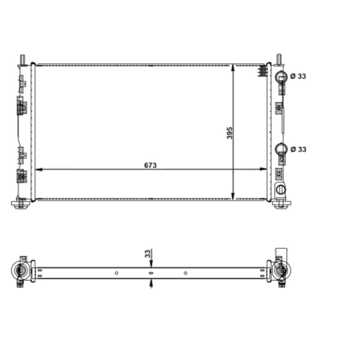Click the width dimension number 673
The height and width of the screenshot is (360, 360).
click(150, 164)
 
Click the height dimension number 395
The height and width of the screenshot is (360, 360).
click(229, 133)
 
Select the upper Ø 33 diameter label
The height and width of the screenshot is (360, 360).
click(298, 76)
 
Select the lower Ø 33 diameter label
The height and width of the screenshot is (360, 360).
click(298, 149)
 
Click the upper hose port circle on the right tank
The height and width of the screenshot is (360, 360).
click(281, 76)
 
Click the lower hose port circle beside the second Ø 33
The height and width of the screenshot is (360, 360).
click(281, 149)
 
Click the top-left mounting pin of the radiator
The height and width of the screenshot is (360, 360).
click(23, 59)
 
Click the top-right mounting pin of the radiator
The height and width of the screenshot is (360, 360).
click(279, 59)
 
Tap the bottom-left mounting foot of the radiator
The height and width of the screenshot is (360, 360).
click(21, 204)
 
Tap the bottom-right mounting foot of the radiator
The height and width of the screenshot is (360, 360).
click(280, 204)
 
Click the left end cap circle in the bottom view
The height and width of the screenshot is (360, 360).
click(21, 272)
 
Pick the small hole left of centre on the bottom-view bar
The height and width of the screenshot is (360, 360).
click(116, 273)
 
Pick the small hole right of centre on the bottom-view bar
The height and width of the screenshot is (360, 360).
click(185, 273)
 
